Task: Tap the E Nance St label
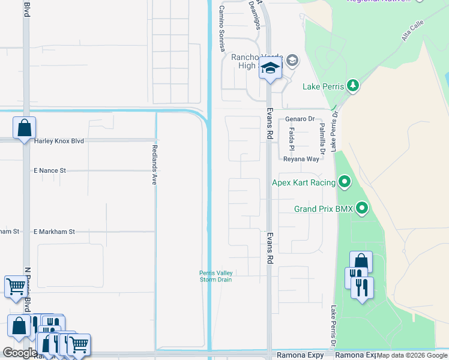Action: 58,171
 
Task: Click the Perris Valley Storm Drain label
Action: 216,276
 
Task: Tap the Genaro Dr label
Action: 300,119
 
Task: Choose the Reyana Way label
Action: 301,160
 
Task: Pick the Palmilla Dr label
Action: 322,136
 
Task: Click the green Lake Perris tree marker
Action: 353,86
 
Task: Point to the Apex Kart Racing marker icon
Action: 345,181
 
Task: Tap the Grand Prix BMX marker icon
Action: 362,208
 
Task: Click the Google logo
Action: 20,352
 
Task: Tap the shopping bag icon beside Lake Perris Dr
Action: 361,262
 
